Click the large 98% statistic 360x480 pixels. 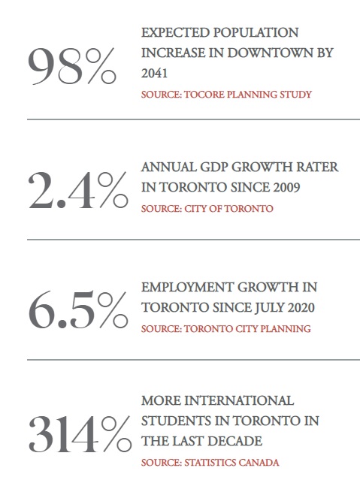click(72, 66)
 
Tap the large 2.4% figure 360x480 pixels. click(78, 190)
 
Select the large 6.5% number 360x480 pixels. click(78, 309)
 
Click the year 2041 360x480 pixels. click(154, 74)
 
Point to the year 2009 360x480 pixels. click(286, 187)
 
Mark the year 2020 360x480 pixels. click(301, 308)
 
